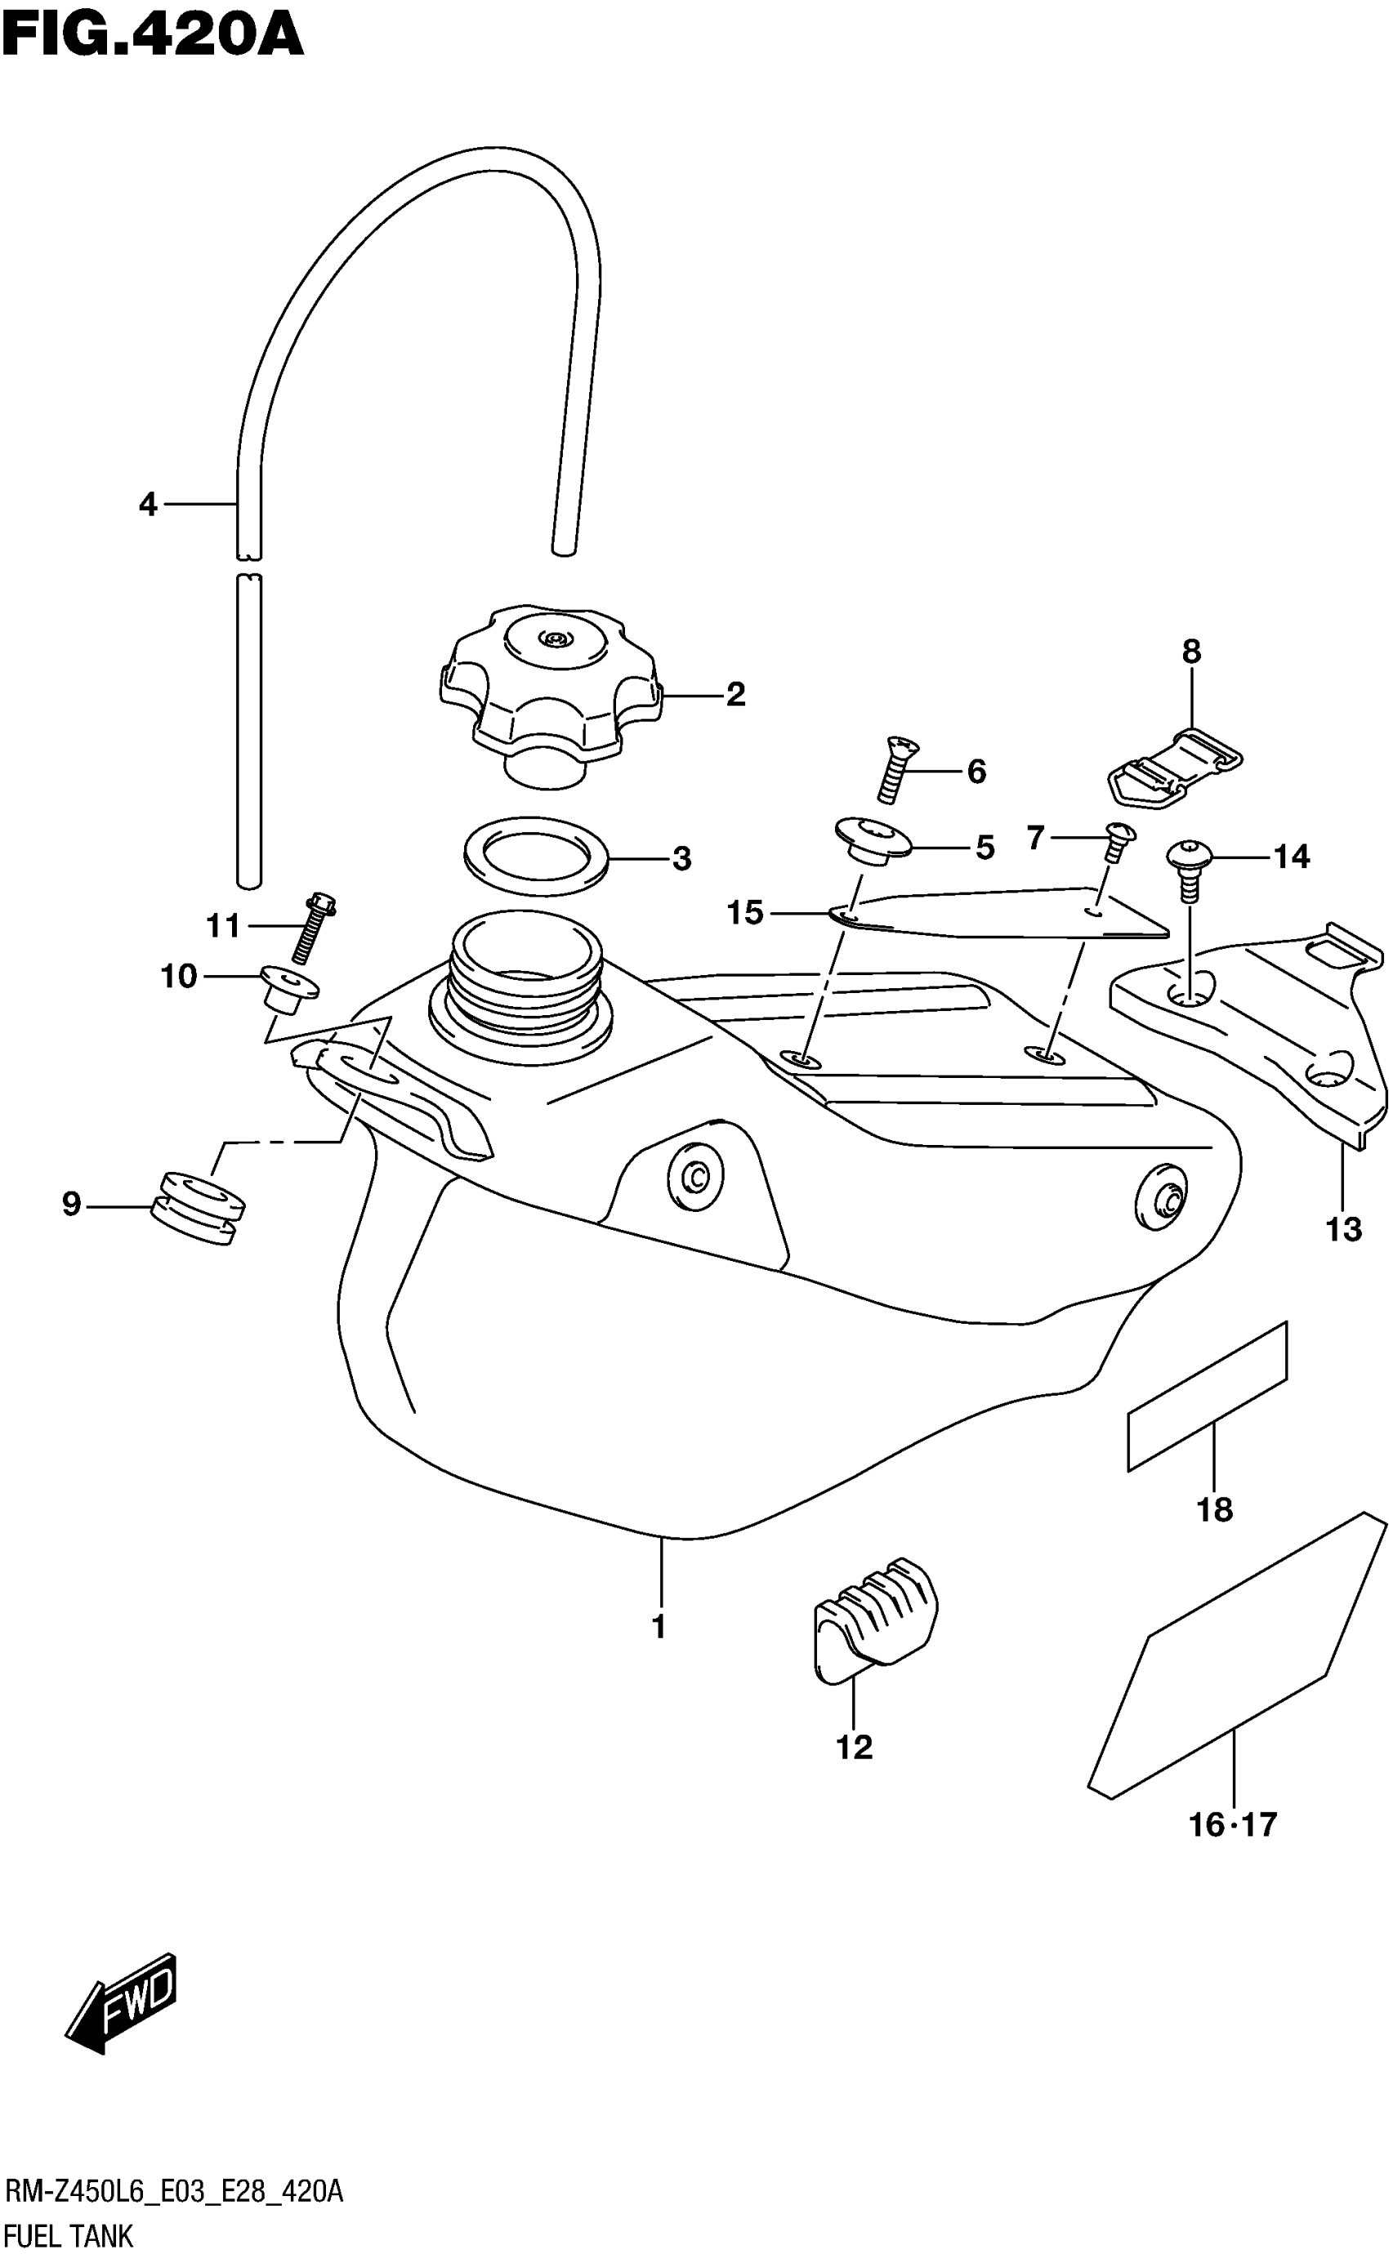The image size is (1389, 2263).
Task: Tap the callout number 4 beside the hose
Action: [148, 504]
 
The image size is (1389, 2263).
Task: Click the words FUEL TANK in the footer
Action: [69, 2234]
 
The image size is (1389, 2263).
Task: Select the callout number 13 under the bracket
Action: [1343, 1229]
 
